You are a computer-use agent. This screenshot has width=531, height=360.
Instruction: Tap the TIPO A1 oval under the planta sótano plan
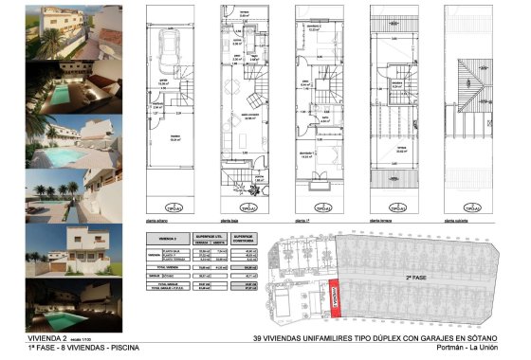pyautogui.click(x=174, y=207)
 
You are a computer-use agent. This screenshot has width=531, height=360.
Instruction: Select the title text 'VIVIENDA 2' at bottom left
pyautogui.click(x=22, y=338)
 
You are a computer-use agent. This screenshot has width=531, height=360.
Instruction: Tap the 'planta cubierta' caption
pyautogui.click(x=458, y=216)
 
